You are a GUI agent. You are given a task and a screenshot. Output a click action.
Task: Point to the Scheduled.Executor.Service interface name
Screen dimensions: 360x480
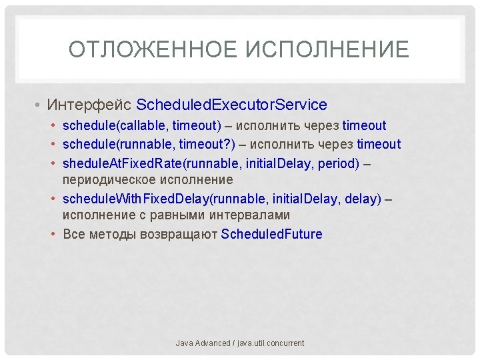pyautogui.click(x=231, y=105)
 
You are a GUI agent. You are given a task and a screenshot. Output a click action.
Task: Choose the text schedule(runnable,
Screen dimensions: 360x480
pyautogui.click(x=119, y=144)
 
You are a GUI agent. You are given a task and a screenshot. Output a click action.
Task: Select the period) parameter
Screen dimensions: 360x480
pyautogui.click(x=340, y=163)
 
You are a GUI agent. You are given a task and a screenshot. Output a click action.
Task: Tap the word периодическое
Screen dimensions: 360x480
pyautogui.click(x=110, y=180)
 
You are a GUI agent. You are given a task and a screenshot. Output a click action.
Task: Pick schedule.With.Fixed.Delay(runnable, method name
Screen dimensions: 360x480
pyautogui.click(x=159, y=199)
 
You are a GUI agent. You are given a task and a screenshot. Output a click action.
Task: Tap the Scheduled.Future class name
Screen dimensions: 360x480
pyautogui.click(x=271, y=234)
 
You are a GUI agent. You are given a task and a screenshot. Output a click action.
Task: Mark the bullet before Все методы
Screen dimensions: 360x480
pyautogui.click(x=54, y=234)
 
